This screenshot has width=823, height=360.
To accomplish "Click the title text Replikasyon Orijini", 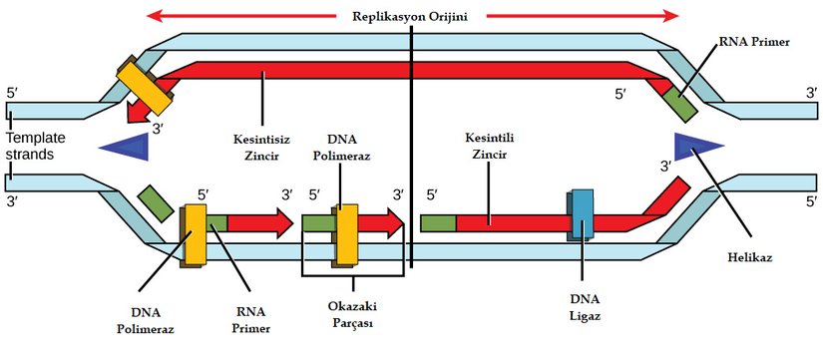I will tap(411, 16).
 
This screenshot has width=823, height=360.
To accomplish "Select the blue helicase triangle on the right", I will tap(696, 146).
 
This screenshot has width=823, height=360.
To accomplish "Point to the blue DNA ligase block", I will tap(582, 214).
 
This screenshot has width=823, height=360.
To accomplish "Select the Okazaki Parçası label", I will tap(354, 314).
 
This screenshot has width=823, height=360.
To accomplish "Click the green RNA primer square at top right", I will tap(680, 103).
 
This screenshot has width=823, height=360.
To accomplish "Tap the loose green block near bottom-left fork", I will tap(155, 201).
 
